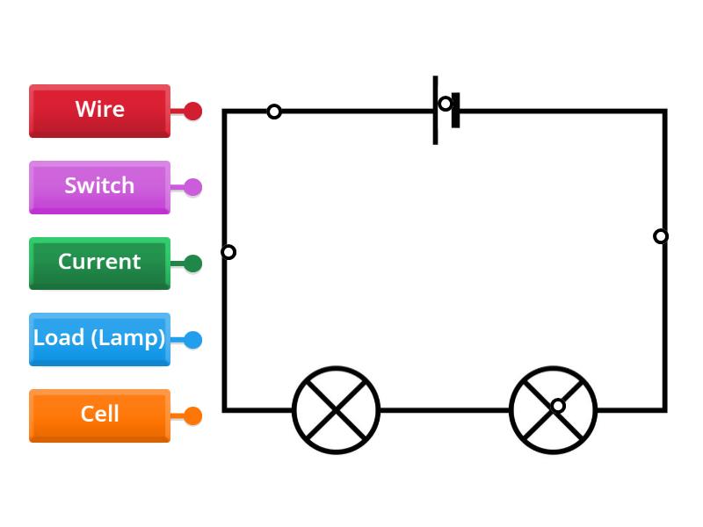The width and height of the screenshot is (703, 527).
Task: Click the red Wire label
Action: pos(99,111)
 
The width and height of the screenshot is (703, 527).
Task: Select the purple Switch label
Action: pos(99,187)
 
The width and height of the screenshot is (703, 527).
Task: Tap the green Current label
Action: pos(99,263)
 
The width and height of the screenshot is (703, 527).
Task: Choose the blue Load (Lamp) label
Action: pos(99,339)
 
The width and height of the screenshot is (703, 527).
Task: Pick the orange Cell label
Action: pos(99,415)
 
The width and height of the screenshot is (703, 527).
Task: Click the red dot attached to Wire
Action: pos(192,112)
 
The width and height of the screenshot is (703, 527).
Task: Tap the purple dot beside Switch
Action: pos(192,187)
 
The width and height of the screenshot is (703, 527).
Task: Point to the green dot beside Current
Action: pos(192,263)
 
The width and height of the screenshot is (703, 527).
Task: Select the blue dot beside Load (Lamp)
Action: pos(192,340)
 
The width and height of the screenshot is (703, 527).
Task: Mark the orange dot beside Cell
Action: pos(192,416)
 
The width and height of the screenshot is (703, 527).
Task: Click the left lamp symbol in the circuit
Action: pos(336,410)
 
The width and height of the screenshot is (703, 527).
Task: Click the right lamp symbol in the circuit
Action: pos(553,410)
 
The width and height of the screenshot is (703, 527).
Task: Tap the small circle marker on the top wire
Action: pos(274,112)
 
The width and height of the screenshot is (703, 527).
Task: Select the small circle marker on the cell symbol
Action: pos(446,104)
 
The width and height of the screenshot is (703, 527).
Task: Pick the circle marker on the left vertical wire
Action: pos(228,252)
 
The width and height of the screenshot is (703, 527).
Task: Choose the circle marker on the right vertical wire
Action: pos(661,236)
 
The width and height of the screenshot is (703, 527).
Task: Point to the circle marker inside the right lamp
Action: pos(558,405)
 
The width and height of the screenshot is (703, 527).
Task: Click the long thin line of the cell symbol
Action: pos(435,127)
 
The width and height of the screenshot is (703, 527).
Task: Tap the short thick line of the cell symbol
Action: pos(456,119)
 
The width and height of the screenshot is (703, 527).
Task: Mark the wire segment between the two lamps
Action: pos(444,410)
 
